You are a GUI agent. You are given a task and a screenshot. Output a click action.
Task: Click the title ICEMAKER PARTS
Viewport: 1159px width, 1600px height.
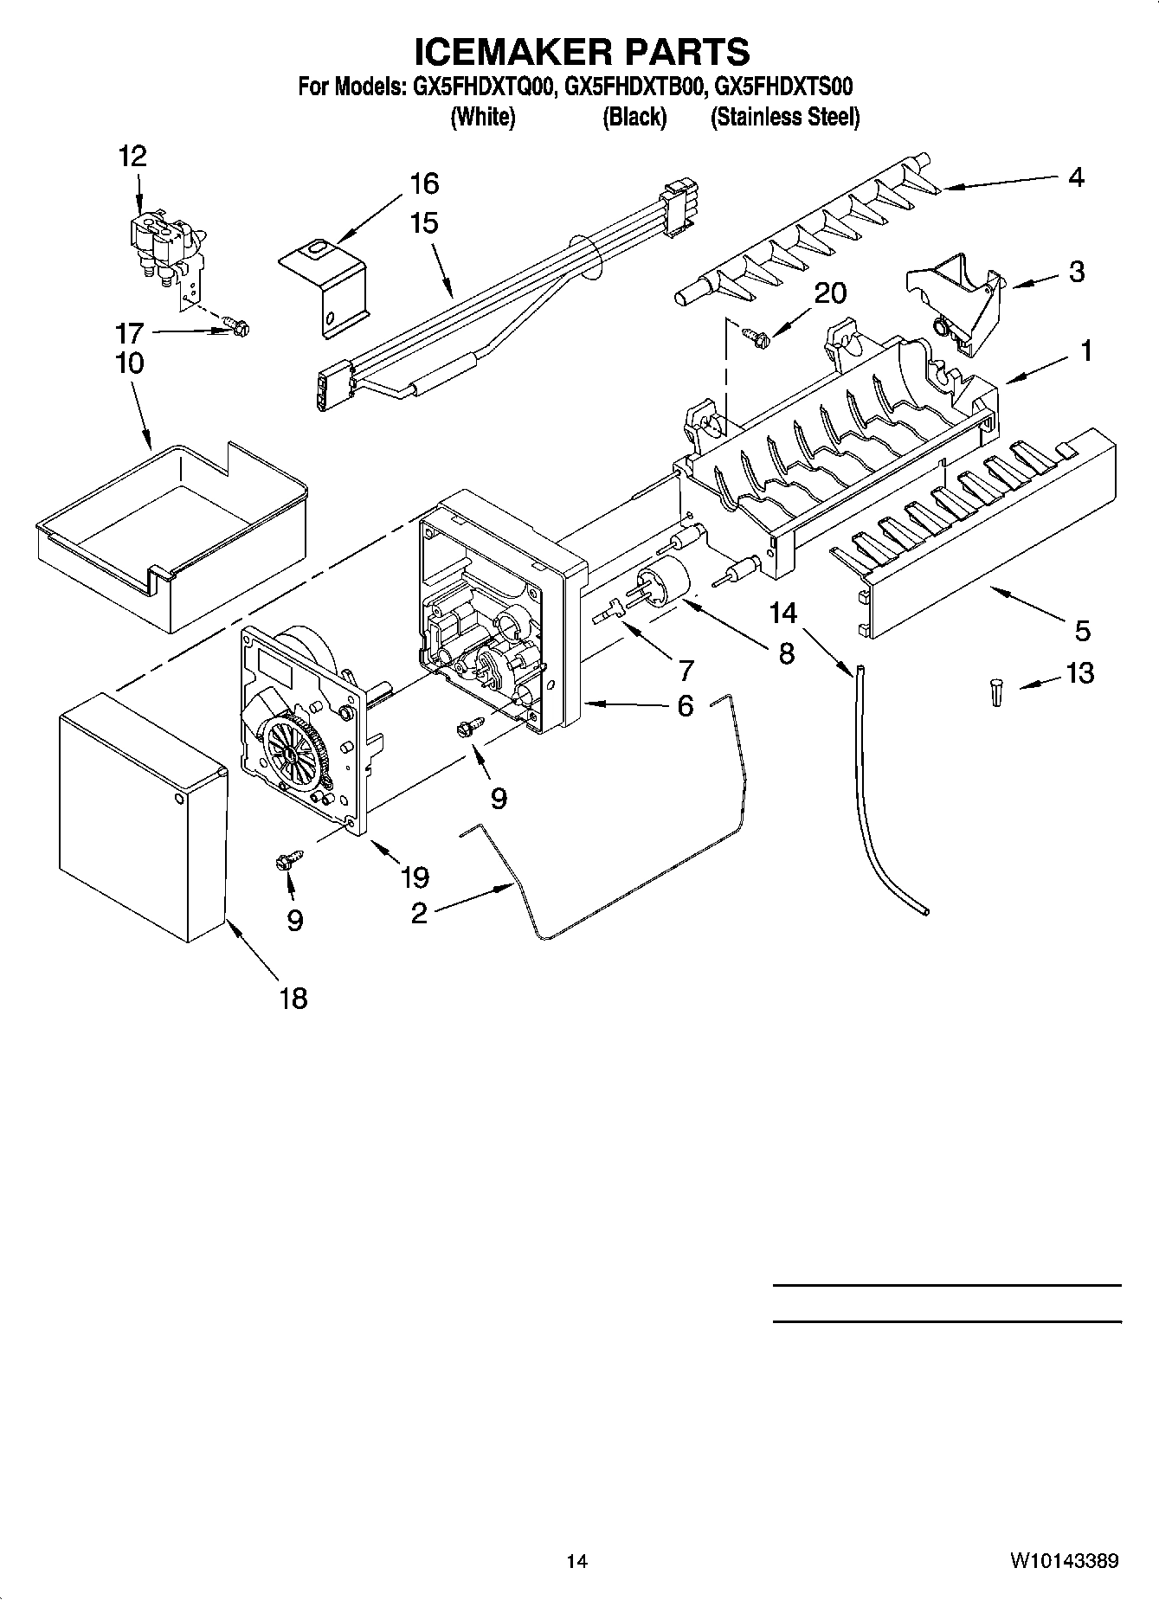[581, 52]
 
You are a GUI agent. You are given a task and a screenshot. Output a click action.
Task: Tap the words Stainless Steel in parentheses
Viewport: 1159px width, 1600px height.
[785, 118]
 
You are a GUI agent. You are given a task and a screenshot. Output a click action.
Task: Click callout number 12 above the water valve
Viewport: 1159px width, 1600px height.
[132, 157]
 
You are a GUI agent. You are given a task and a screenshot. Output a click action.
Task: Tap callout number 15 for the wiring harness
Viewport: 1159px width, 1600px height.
[423, 223]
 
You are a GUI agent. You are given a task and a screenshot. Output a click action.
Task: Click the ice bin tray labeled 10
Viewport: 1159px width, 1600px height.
[173, 537]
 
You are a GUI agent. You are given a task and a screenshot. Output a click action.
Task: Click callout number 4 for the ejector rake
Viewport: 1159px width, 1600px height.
[1075, 177]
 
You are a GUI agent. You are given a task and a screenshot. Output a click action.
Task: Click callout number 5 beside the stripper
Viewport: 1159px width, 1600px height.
[1082, 631]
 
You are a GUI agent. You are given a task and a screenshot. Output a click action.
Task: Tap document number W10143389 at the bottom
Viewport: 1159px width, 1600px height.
[1062, 1561]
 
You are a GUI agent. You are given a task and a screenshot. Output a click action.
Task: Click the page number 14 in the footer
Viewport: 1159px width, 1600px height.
[576, 1561]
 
